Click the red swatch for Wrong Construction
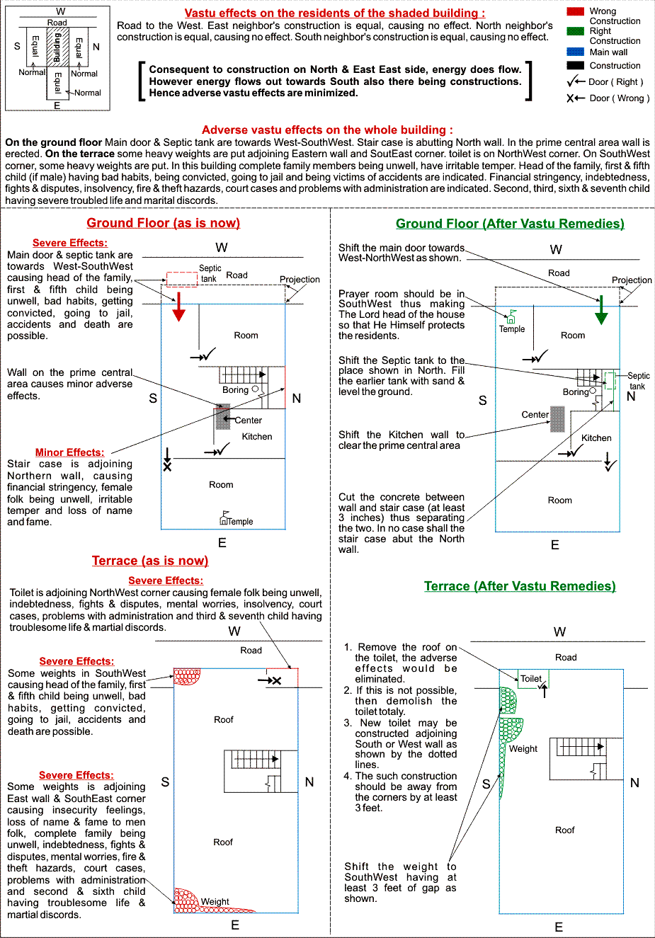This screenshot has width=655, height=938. tap(575, 11)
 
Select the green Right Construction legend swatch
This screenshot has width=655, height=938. tap(575, 31)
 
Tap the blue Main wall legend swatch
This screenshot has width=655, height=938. tap(575, 52)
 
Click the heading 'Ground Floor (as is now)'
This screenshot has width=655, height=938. tap(163, 223)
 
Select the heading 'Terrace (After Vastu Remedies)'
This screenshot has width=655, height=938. tap(520, 586)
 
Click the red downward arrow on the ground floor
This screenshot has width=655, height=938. tap(178, 306)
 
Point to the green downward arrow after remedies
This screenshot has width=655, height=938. tap(601, 310)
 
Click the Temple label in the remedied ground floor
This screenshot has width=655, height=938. tap(512, 329)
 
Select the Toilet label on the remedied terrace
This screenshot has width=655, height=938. tap(531, 678)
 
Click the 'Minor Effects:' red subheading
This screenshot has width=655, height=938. tap(69, 452)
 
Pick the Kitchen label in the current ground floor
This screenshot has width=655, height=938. tap(257, 437)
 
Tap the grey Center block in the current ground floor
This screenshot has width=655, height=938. tap(222, 417)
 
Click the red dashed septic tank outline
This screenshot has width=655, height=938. tap(182, 279)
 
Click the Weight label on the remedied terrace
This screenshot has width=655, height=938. tap(523, 749)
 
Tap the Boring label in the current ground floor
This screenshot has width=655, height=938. tap(235, 390)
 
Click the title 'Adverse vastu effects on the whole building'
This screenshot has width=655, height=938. tap(327, 130)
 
